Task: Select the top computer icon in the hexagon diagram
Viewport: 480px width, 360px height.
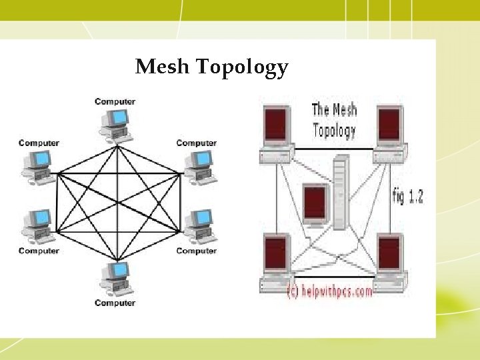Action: [x=116, y=123]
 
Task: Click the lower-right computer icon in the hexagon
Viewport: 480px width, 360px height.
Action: [x=198, y=226]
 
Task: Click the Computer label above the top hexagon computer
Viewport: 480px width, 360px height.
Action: [x=115, y=101]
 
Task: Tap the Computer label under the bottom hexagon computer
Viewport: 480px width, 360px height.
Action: [x=115, y=303]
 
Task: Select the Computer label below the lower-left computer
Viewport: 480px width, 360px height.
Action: [x=39, y=251]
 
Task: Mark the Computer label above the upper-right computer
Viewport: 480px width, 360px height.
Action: [x=196, y=143]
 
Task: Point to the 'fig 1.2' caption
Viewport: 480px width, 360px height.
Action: [x=407, y=196]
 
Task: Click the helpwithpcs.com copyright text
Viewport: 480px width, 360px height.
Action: [x=329, y=292]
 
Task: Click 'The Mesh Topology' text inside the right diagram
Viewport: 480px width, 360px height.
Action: [x=334, y=119]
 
